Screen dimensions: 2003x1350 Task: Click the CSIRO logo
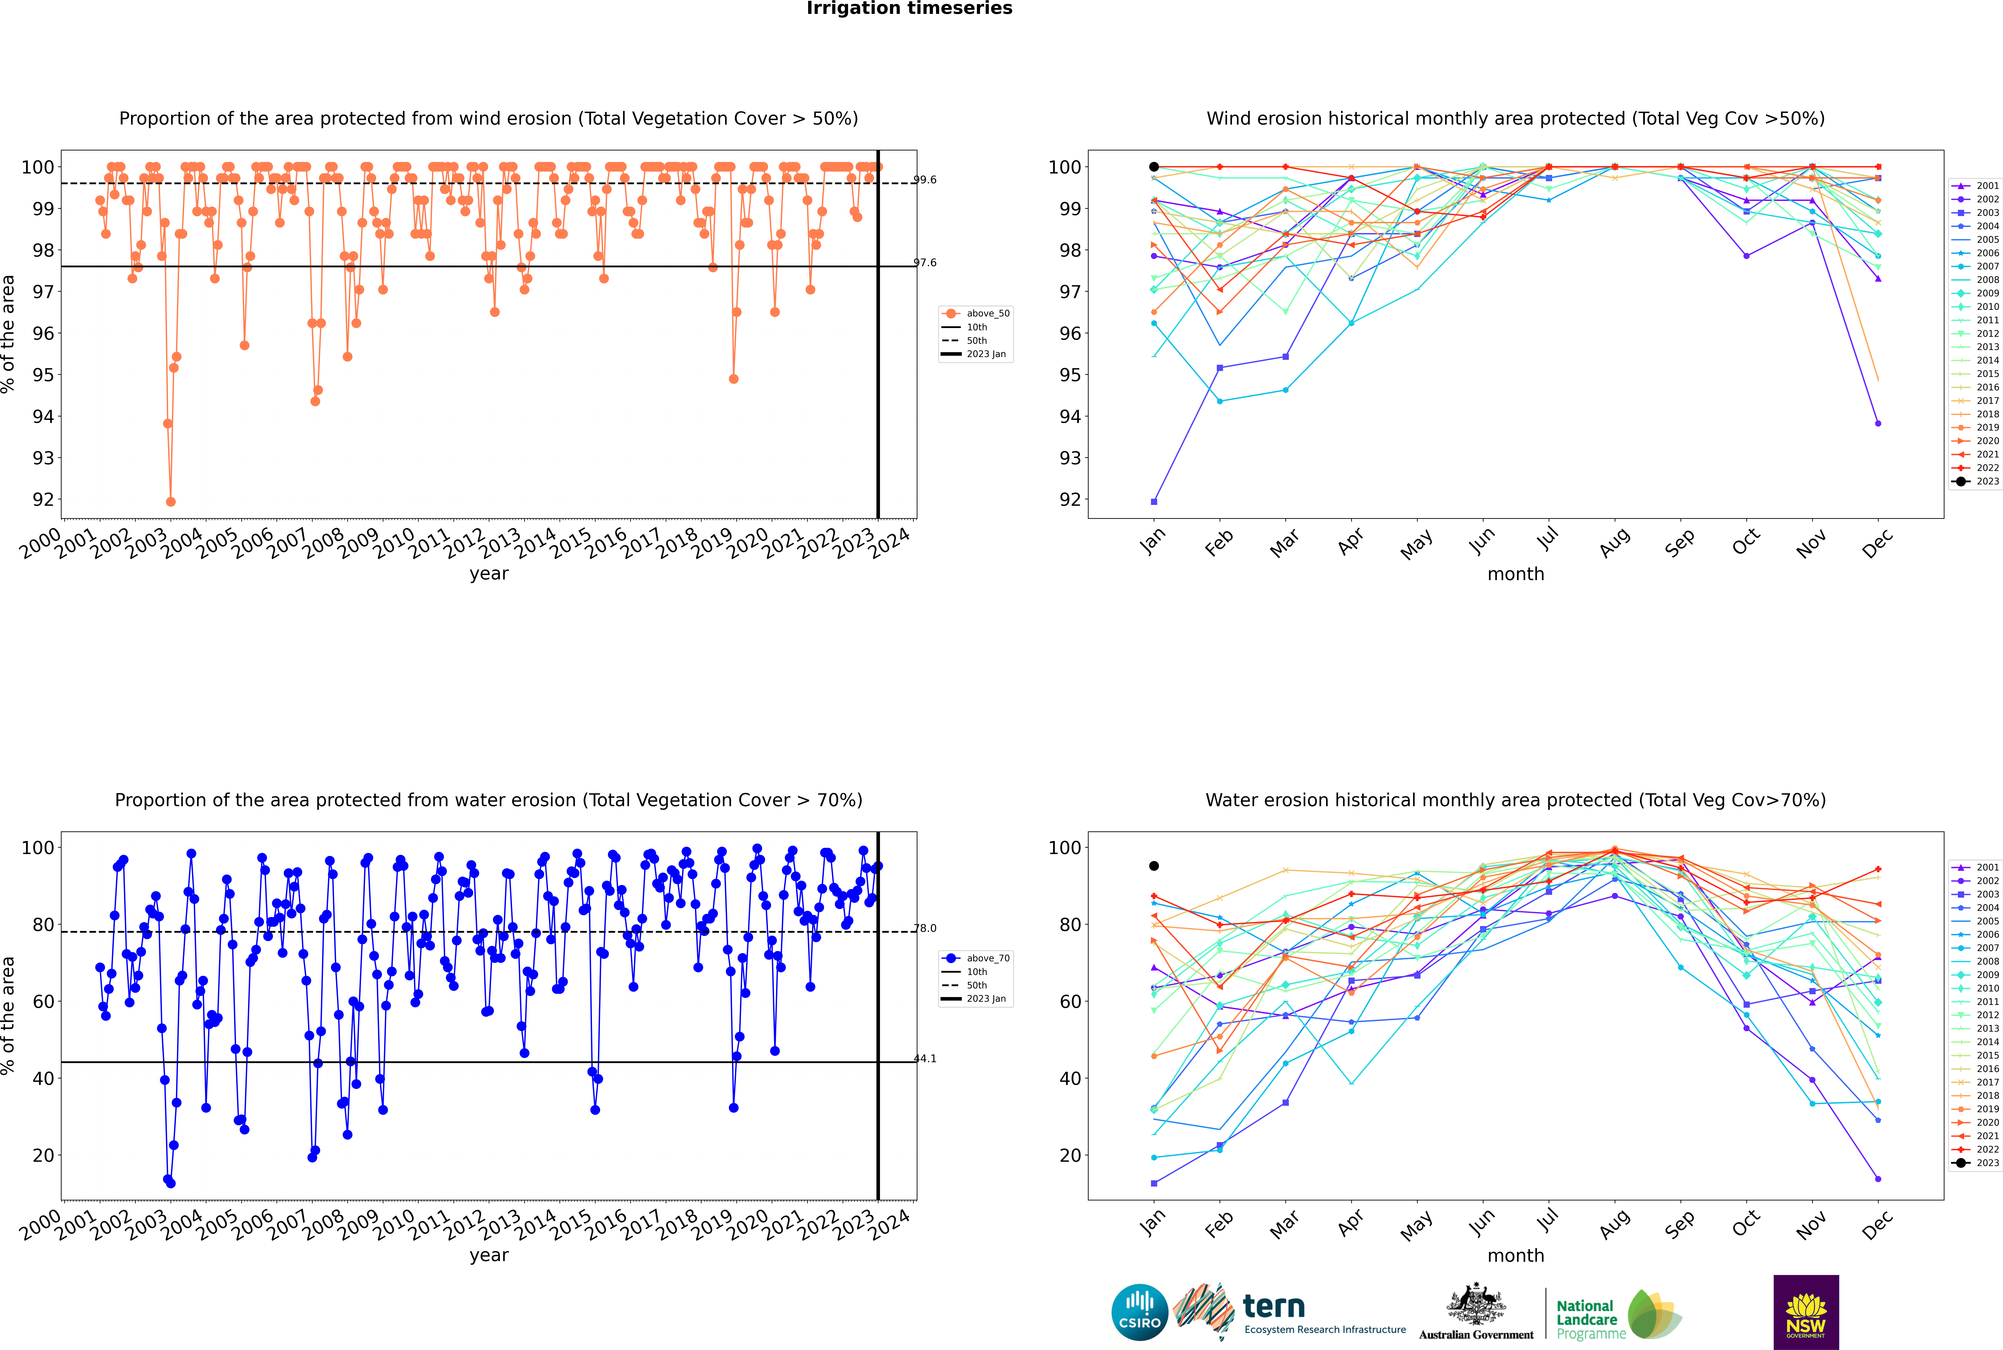pos(1139,1312)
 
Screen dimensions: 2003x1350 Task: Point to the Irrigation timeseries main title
pos(909,9)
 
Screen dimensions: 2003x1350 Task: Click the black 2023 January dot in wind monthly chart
pos(1154,167)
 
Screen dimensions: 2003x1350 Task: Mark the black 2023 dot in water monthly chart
pos(1154,866)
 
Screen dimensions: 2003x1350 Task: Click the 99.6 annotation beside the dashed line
pos(925,180)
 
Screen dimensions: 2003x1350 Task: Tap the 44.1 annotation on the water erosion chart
pos(925,1059)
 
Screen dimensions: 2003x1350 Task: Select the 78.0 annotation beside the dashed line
pos(925,928)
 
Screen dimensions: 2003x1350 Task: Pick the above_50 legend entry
pos(976,313)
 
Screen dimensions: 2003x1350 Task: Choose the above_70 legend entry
pos(976,958)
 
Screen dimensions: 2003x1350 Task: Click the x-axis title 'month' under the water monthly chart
pos(1516,1256)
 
